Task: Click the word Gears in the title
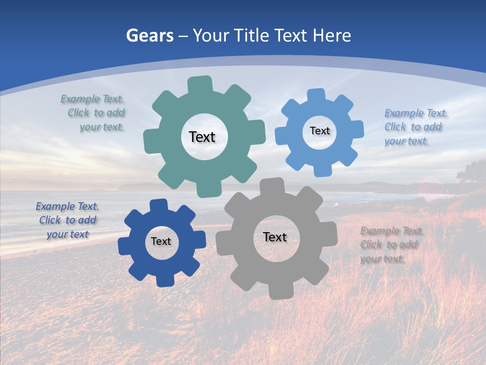pyautogui.click(x=149, y=35)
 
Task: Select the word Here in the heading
pyautogui.click(x=332, y=35)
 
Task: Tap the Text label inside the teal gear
pyautogui.click(x=202, y=137)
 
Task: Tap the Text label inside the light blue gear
pyautogui.click(x=319, y=131)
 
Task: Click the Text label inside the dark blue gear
pyautogui.click(x=161, y=241)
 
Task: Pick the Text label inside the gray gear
pyautogui.click(x=275, y=237)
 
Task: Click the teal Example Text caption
pyautogui.click(x=94, y=113)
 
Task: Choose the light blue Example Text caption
pyautogui.click(x=415, y=127)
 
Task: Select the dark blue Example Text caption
pyautogui.click(x=67, y=220)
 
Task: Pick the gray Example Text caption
pyautogui.click(x=391, y=244)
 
